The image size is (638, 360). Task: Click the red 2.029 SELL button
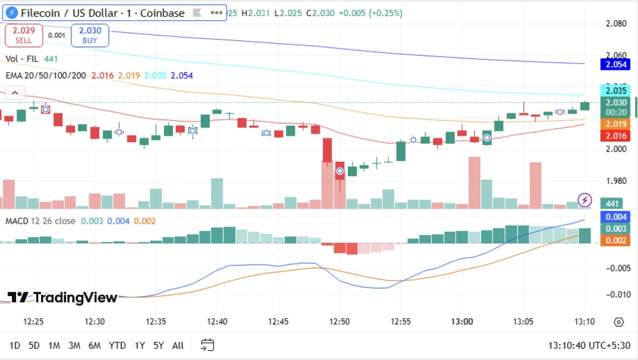pos(24,35)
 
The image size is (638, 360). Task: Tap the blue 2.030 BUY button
pos(90,35)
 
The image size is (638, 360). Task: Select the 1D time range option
pos(15,345)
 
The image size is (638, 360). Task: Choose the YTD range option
pos(117,345)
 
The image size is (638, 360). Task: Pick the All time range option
pos(178,345)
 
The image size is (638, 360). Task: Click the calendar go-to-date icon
pos(208,345)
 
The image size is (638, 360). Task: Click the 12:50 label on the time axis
pos(339,321)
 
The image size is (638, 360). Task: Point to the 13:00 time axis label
pos(462,321)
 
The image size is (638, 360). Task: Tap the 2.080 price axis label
pos(616,24)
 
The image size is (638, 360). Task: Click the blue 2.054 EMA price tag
pos(616,64)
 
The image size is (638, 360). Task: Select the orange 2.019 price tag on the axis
pos(616,124)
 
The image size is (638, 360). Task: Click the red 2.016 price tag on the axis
pos(616,136)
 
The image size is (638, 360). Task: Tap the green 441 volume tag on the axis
pos(612,204)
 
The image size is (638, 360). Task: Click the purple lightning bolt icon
pos(585,199)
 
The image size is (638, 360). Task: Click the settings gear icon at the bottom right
pos(619,322)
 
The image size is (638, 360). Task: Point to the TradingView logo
pos(62,298)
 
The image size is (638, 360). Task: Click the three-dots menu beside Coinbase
pos(216,13)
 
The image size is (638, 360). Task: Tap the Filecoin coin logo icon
pos(11,13)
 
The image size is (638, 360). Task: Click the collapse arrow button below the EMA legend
pos(15,93)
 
